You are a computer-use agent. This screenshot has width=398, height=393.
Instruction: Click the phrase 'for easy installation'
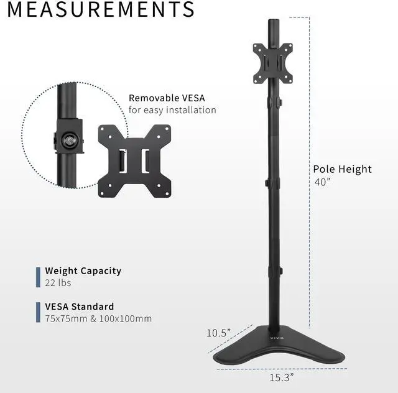172,110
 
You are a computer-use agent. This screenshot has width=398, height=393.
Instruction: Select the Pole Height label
342,169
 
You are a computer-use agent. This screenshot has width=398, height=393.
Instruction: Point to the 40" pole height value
323,182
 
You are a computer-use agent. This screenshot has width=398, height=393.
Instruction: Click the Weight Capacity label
83,271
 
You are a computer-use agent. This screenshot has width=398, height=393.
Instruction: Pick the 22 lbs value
58,283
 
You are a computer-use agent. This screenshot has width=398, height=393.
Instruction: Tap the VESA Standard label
79,307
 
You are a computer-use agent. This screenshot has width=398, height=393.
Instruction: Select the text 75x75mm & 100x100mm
98,319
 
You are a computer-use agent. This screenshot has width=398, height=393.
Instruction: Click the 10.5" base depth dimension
218,333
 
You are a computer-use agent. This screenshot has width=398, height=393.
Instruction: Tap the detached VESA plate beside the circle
135,160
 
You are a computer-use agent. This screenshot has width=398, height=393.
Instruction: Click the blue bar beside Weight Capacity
38,277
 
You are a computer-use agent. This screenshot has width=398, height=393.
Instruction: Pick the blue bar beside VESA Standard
38,313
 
